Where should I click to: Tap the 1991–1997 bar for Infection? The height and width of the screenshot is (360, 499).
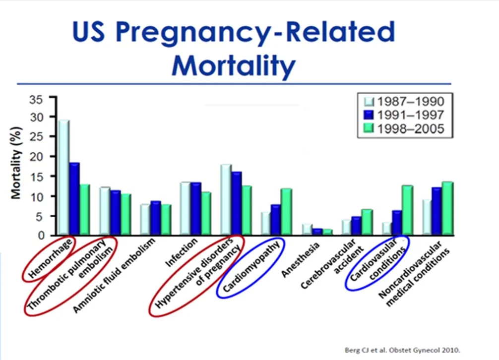196,208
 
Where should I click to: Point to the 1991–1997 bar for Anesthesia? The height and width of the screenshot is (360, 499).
317,231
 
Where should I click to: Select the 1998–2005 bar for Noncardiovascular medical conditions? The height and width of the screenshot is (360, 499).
447,208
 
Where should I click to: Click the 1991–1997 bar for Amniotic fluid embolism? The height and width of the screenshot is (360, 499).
155,218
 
